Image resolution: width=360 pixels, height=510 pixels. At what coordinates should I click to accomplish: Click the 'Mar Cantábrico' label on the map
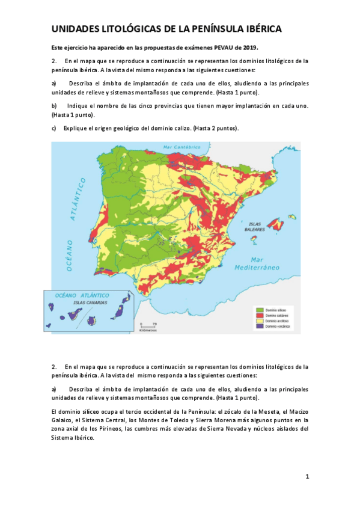click(x=181, y=146)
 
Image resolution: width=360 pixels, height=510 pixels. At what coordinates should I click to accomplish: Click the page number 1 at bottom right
click(x=307, y=476)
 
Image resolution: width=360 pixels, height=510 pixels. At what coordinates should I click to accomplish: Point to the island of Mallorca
click(x=276, y=225)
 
